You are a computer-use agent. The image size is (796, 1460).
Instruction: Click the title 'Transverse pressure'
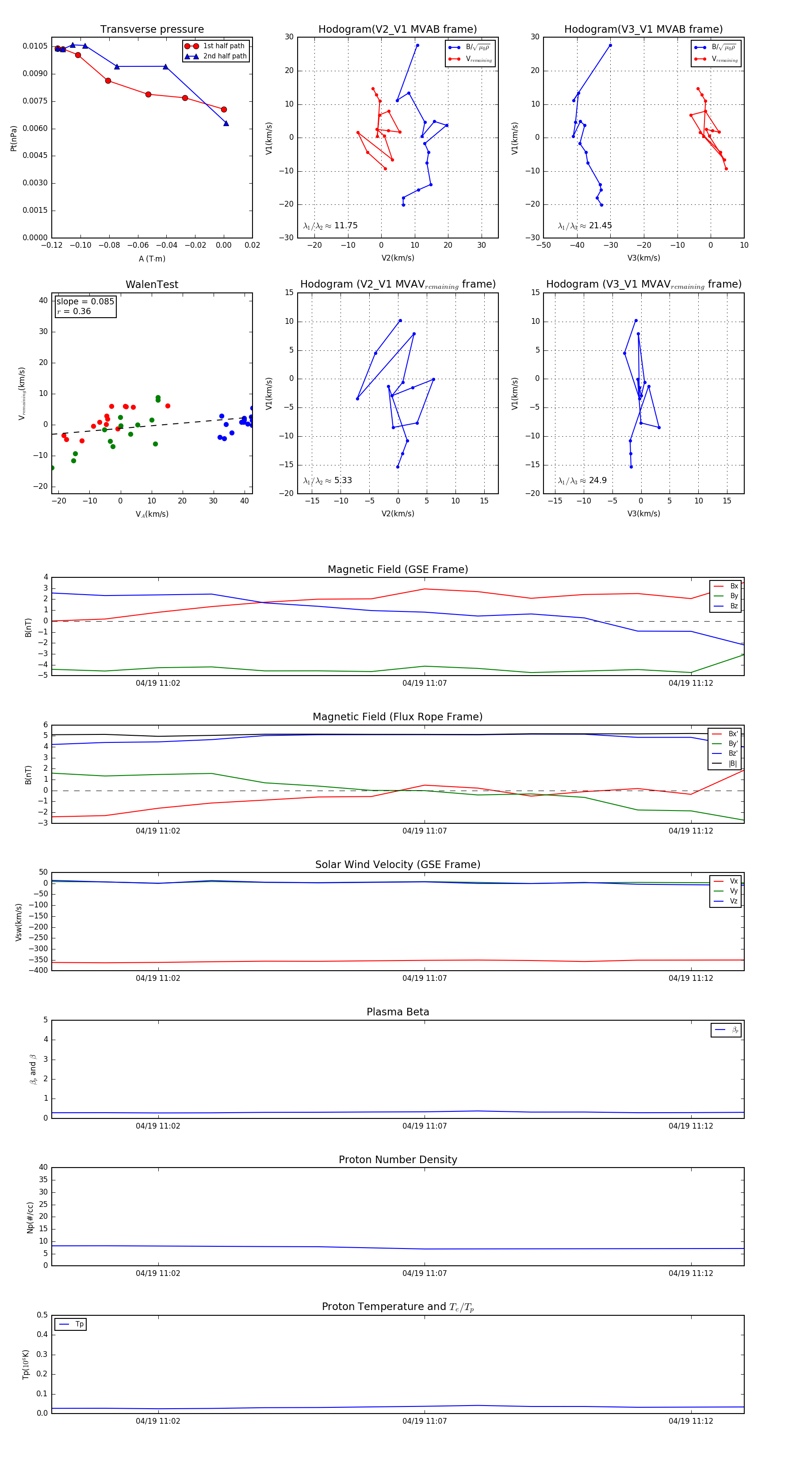pyautogui.click(x=152, y=30)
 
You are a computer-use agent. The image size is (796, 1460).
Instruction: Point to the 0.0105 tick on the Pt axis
pyautogui.click(x=34, y=46)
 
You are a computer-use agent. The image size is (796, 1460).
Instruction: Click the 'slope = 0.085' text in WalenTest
pyautogui.click(x=85, y=302)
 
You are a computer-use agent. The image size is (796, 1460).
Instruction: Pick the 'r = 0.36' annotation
pyautogui.click(x=74, y=311)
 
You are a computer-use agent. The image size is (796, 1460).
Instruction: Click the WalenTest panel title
pyautogui.click(x=152, y=284)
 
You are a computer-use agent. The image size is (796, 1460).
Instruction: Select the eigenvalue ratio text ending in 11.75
pyautogui.click(x=330, y=226)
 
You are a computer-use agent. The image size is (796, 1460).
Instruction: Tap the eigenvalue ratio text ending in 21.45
pyautogui.click(x=585, y=226)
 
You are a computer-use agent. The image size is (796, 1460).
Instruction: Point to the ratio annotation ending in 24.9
pyautogui.click(x=582, y=480)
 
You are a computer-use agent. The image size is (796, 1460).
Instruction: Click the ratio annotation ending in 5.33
pyautogui.click(x=327, y=480)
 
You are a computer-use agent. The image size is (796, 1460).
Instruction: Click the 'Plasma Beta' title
pyautogui.click(x=398, y=1012)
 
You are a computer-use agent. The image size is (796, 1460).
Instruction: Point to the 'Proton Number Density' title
pyautogui.click(x=398, y=1160)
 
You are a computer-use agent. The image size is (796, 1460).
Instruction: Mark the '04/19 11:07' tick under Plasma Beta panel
pyautogui.click(x=425, y=1126)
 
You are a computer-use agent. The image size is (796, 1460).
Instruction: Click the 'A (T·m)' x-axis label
pyautogui.click(x=152, y=259)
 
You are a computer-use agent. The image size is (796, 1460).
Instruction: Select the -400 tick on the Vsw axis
pyautogui.click(x=40, y=970)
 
